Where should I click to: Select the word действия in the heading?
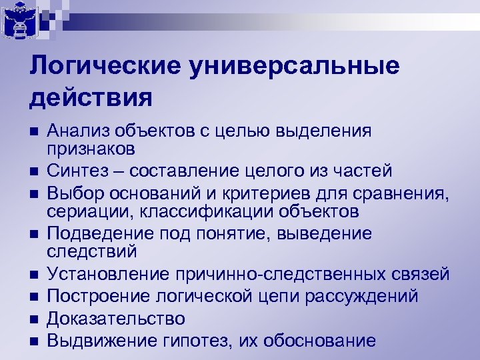91,97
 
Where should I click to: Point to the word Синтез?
76,171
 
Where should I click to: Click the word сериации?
84,212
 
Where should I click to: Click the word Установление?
111,275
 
